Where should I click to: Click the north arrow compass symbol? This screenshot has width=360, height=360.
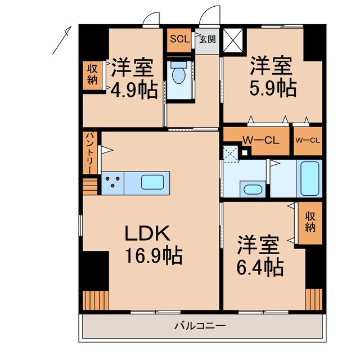pos(62,40)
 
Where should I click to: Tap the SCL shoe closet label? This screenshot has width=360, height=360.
pos(179,39)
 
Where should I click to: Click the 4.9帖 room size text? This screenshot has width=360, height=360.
pos(134,90)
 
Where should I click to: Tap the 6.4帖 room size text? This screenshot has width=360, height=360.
pos(259,267)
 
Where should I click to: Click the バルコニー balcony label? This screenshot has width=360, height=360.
pos(200,326)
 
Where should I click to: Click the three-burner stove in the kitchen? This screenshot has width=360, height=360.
pos(112,182)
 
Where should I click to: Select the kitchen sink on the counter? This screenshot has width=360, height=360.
pos(152,182)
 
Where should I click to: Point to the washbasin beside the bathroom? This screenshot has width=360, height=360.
pos(251,188)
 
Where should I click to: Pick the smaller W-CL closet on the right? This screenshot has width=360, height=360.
pos(308,141)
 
